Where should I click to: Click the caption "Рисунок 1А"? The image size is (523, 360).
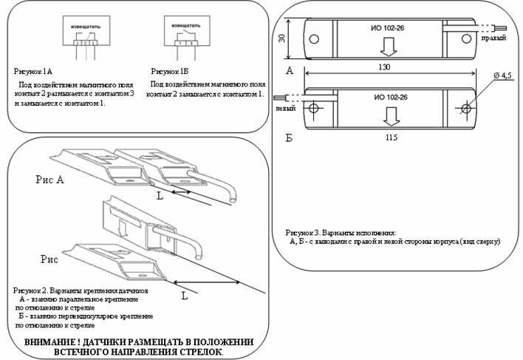pyautogui.click(x=33, y=71)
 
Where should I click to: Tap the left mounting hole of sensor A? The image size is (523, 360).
pyautogui.click(x=314, y=38)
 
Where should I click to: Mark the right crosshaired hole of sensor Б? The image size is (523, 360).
pyautogui.click(x=465, y=109)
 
